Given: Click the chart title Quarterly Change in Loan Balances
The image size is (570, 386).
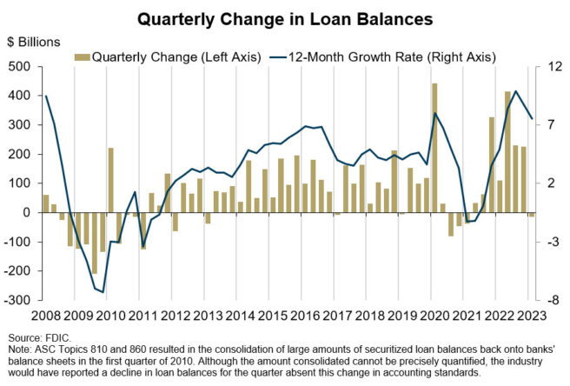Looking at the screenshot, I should click(284, 17).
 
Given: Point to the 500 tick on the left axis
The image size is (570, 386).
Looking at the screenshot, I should click(17, 67).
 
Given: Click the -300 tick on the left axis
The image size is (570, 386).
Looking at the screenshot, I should click(16, 301).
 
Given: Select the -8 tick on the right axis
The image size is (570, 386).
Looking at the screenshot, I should click(549, 301).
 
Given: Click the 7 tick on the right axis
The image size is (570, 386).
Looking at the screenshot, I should click(548, 125).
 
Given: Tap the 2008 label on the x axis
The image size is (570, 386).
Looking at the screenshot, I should click(46, 316).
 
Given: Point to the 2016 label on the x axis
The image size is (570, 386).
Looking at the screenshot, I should click(307, 316).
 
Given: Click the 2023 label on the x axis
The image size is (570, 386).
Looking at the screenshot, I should click(530, 316).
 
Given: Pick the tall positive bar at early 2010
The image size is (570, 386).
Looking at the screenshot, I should click(111, 180).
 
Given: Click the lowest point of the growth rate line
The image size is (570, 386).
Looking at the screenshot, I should click(103, 292).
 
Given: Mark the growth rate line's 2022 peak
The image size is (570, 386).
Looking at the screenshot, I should click(516, 91).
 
